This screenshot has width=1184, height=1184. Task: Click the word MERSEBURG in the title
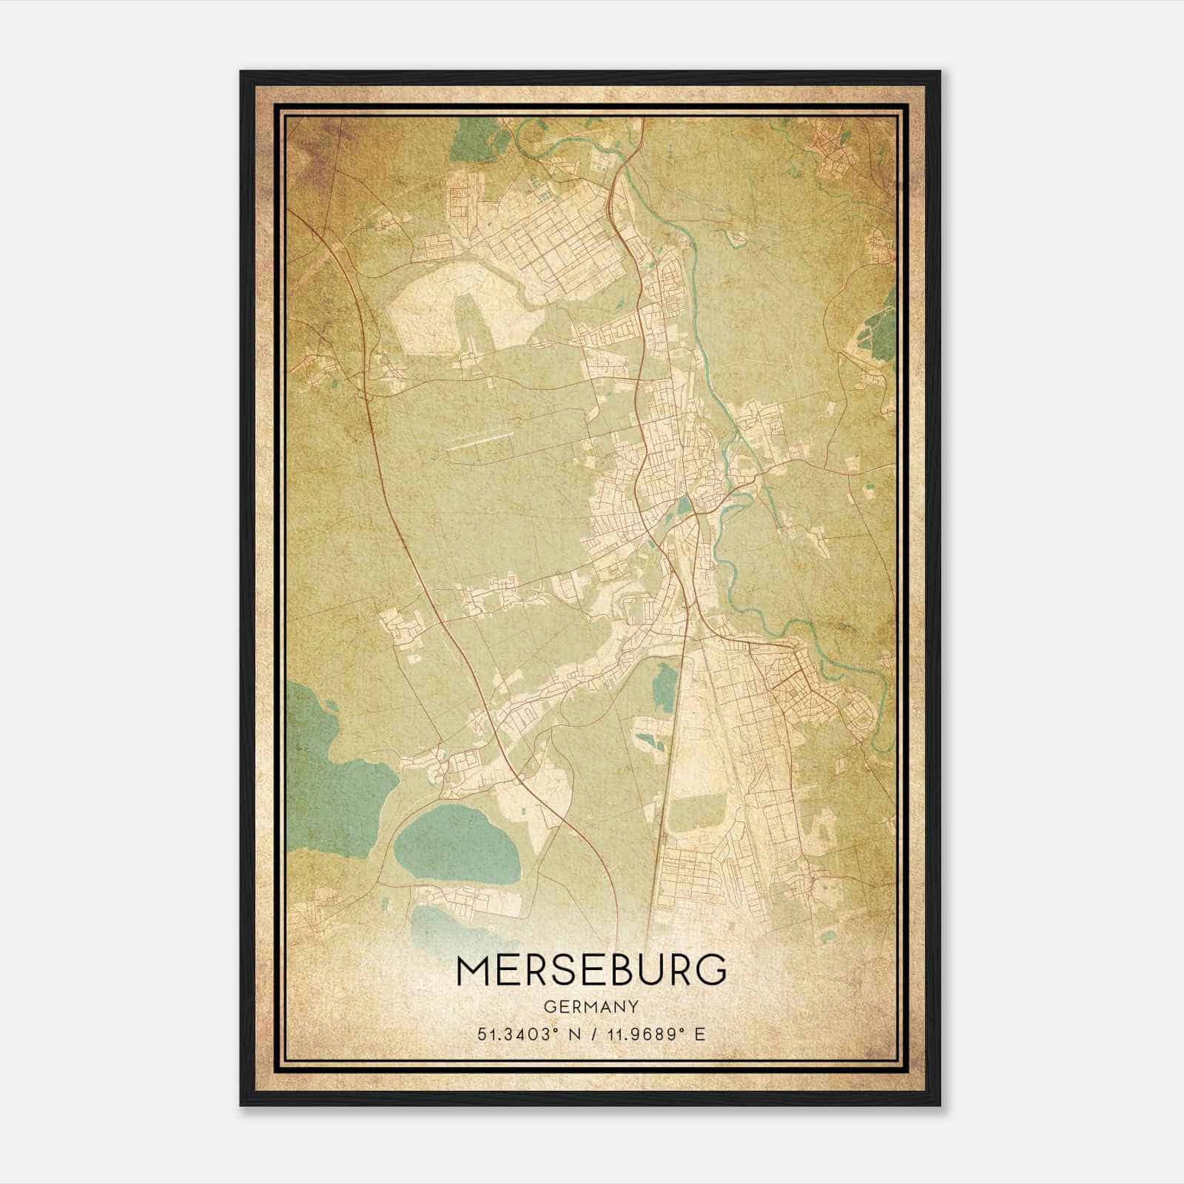click(591, 971)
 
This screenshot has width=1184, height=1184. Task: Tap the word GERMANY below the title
click(591, 1007)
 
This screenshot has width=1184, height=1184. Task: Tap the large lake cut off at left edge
click(326, 747)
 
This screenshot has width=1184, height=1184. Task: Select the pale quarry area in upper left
click(444, 318)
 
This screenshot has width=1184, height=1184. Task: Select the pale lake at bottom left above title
click(437, 925)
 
